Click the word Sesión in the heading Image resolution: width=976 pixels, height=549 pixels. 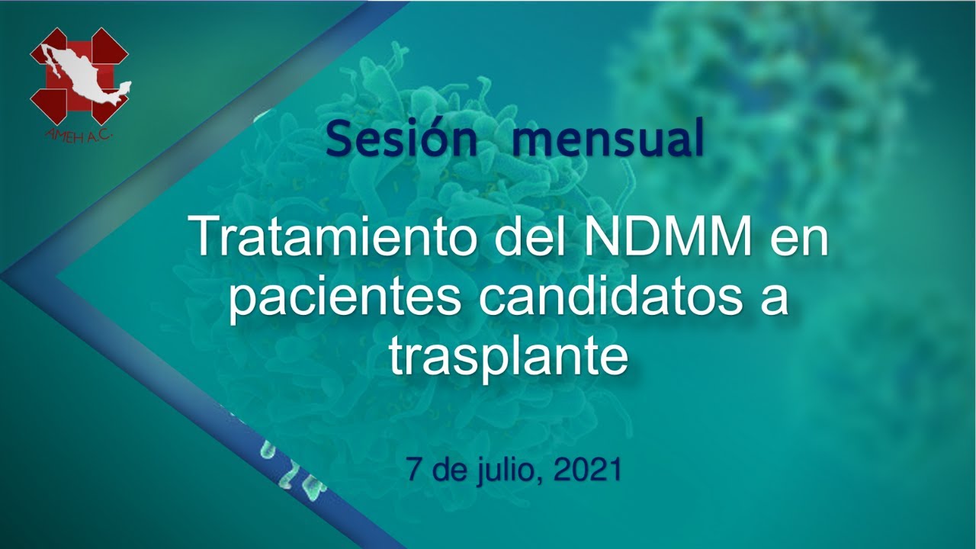(x=401, y=139)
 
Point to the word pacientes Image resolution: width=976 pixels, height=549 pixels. (x=344, y=300)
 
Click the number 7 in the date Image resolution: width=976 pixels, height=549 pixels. (x=414, y=469)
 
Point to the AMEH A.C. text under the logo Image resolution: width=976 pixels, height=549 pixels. (x=79, y=136)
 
